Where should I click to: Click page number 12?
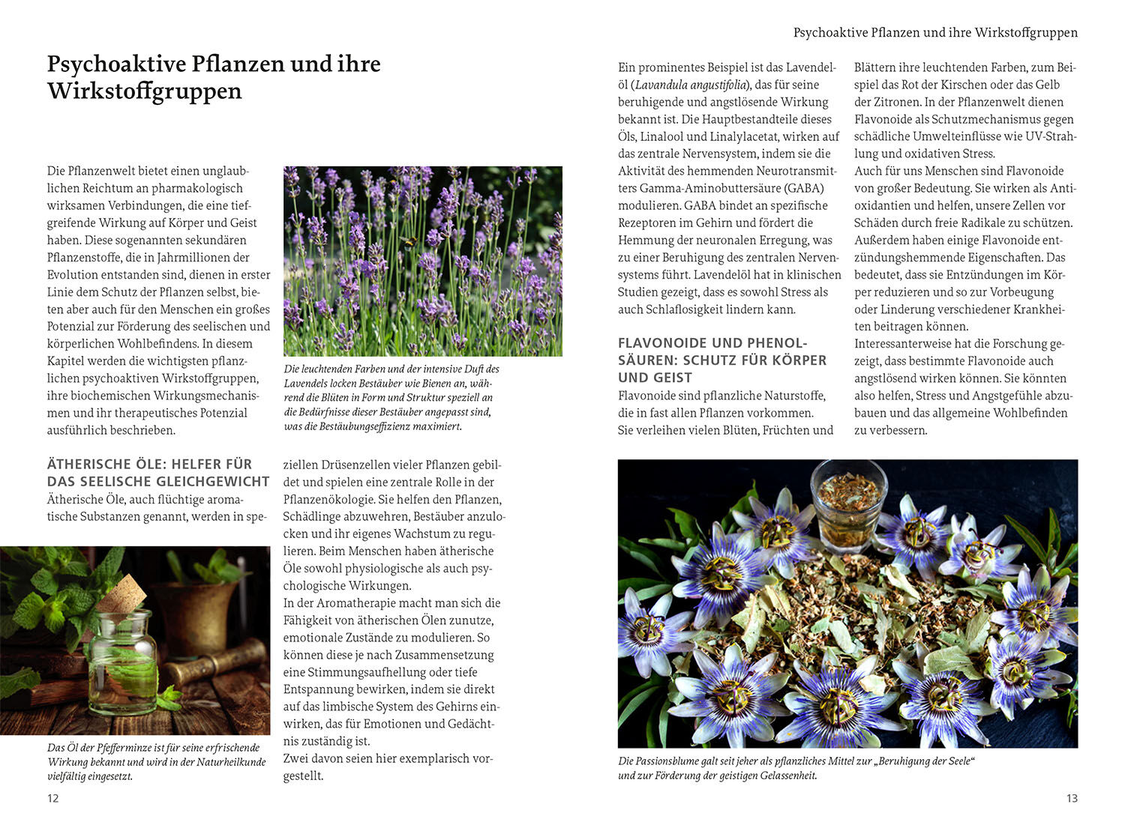point(52,798)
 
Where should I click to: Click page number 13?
point(1072,798)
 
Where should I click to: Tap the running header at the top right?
point(935,33)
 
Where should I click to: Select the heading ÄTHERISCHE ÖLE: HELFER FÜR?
point(149,465)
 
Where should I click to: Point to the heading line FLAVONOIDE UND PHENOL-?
point(712,343)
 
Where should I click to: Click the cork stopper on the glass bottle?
point(122,594)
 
